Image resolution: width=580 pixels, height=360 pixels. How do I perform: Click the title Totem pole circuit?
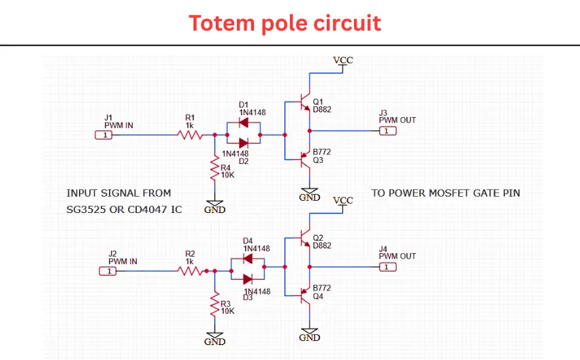click(x=285, y=23)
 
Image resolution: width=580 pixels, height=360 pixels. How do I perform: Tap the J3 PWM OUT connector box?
click(x=387, y=131)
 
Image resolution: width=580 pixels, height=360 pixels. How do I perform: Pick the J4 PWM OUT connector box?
click(x=387, y=267)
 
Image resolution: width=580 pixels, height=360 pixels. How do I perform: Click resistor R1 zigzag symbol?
click(x=191, y=135)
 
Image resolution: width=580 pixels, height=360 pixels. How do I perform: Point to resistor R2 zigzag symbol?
click(x=191, y=271)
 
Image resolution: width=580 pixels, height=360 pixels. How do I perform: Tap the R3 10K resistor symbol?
click(x=215, y=302)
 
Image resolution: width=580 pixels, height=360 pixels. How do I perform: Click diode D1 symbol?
click(x=243, y=124)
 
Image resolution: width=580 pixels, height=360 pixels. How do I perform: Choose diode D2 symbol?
click(x=243, y=142)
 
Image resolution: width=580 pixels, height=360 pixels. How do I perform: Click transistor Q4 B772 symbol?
click(x=304, y=295)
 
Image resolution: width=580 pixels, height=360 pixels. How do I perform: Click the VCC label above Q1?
click(x=343, y=61)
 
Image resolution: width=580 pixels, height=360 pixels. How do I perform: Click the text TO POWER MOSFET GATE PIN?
click(x=445, y=193)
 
